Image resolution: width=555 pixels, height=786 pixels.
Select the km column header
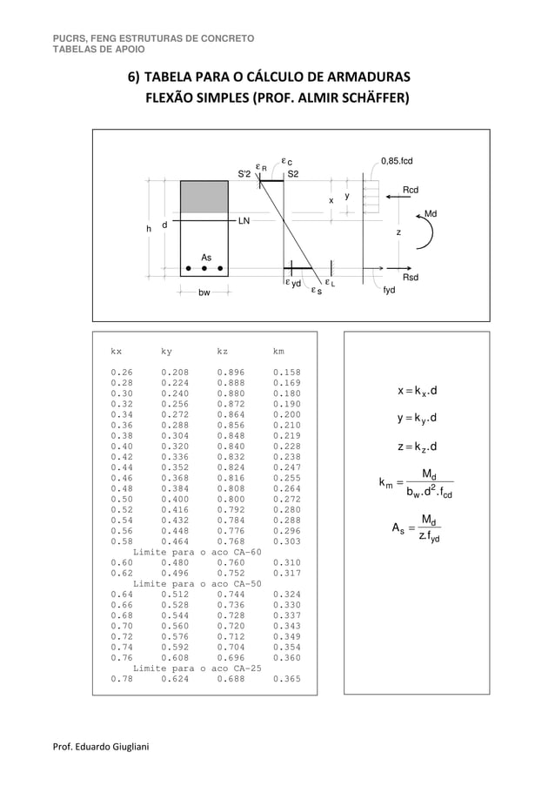tap(278, 352)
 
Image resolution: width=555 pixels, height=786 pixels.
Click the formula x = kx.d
tap(416, 391)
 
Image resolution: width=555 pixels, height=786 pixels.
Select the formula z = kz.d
tap(416, 448)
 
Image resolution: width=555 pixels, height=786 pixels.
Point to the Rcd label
tap(410, 190)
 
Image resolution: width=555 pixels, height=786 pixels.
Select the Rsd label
tap(411, 277)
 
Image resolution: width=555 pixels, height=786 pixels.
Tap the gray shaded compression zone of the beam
tap(204, 196)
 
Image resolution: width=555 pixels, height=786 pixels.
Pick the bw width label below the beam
tap(204, 292)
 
